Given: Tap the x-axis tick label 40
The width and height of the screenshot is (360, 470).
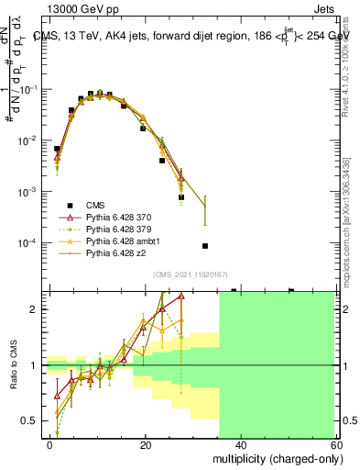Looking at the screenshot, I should [242, 444].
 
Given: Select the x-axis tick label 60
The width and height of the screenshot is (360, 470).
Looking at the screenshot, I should [336, 444].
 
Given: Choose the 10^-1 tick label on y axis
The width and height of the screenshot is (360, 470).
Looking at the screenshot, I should [30, 90].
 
